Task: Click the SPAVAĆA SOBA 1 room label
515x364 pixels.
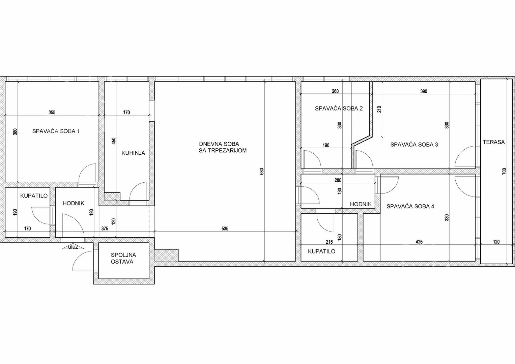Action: tap(56, 131)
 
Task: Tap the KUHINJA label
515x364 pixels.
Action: tap(133, 153)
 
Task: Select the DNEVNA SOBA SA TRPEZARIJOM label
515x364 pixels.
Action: tap(223, 147)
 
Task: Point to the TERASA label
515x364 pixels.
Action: tap(494, 142)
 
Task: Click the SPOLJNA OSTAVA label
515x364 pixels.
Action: tap(123, 258)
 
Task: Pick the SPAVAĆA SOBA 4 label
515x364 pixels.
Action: tap(410, 206)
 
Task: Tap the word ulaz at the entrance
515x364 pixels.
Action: tap(73, 247)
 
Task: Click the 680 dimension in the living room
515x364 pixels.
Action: tap(262, 172)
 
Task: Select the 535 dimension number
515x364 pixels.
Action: tap(225, 229)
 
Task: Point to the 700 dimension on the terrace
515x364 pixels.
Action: tap(504, 172)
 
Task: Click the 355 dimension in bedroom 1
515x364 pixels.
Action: tap(52, 112)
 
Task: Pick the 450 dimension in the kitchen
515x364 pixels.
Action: tap(114, 141)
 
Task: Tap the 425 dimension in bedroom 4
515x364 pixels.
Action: tap(419, 242)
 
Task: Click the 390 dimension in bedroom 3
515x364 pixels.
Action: tap(424, 91)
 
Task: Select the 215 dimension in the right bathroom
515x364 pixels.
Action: tap(329, 242)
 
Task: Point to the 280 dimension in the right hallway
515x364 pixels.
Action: tap(338, 180)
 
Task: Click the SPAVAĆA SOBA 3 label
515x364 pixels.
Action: tap(414, 145)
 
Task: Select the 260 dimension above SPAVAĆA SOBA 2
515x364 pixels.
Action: tap(335, 91)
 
